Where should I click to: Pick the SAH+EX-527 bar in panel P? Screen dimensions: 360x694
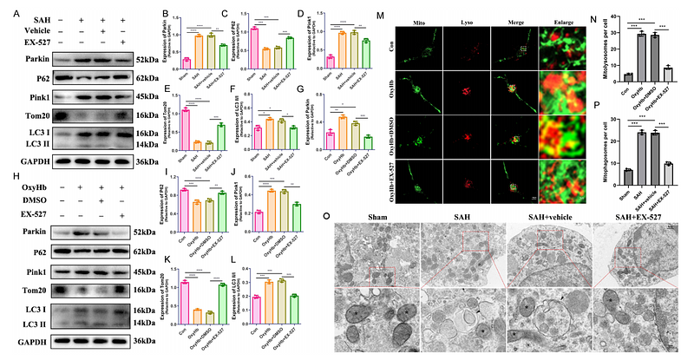[668, 164]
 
